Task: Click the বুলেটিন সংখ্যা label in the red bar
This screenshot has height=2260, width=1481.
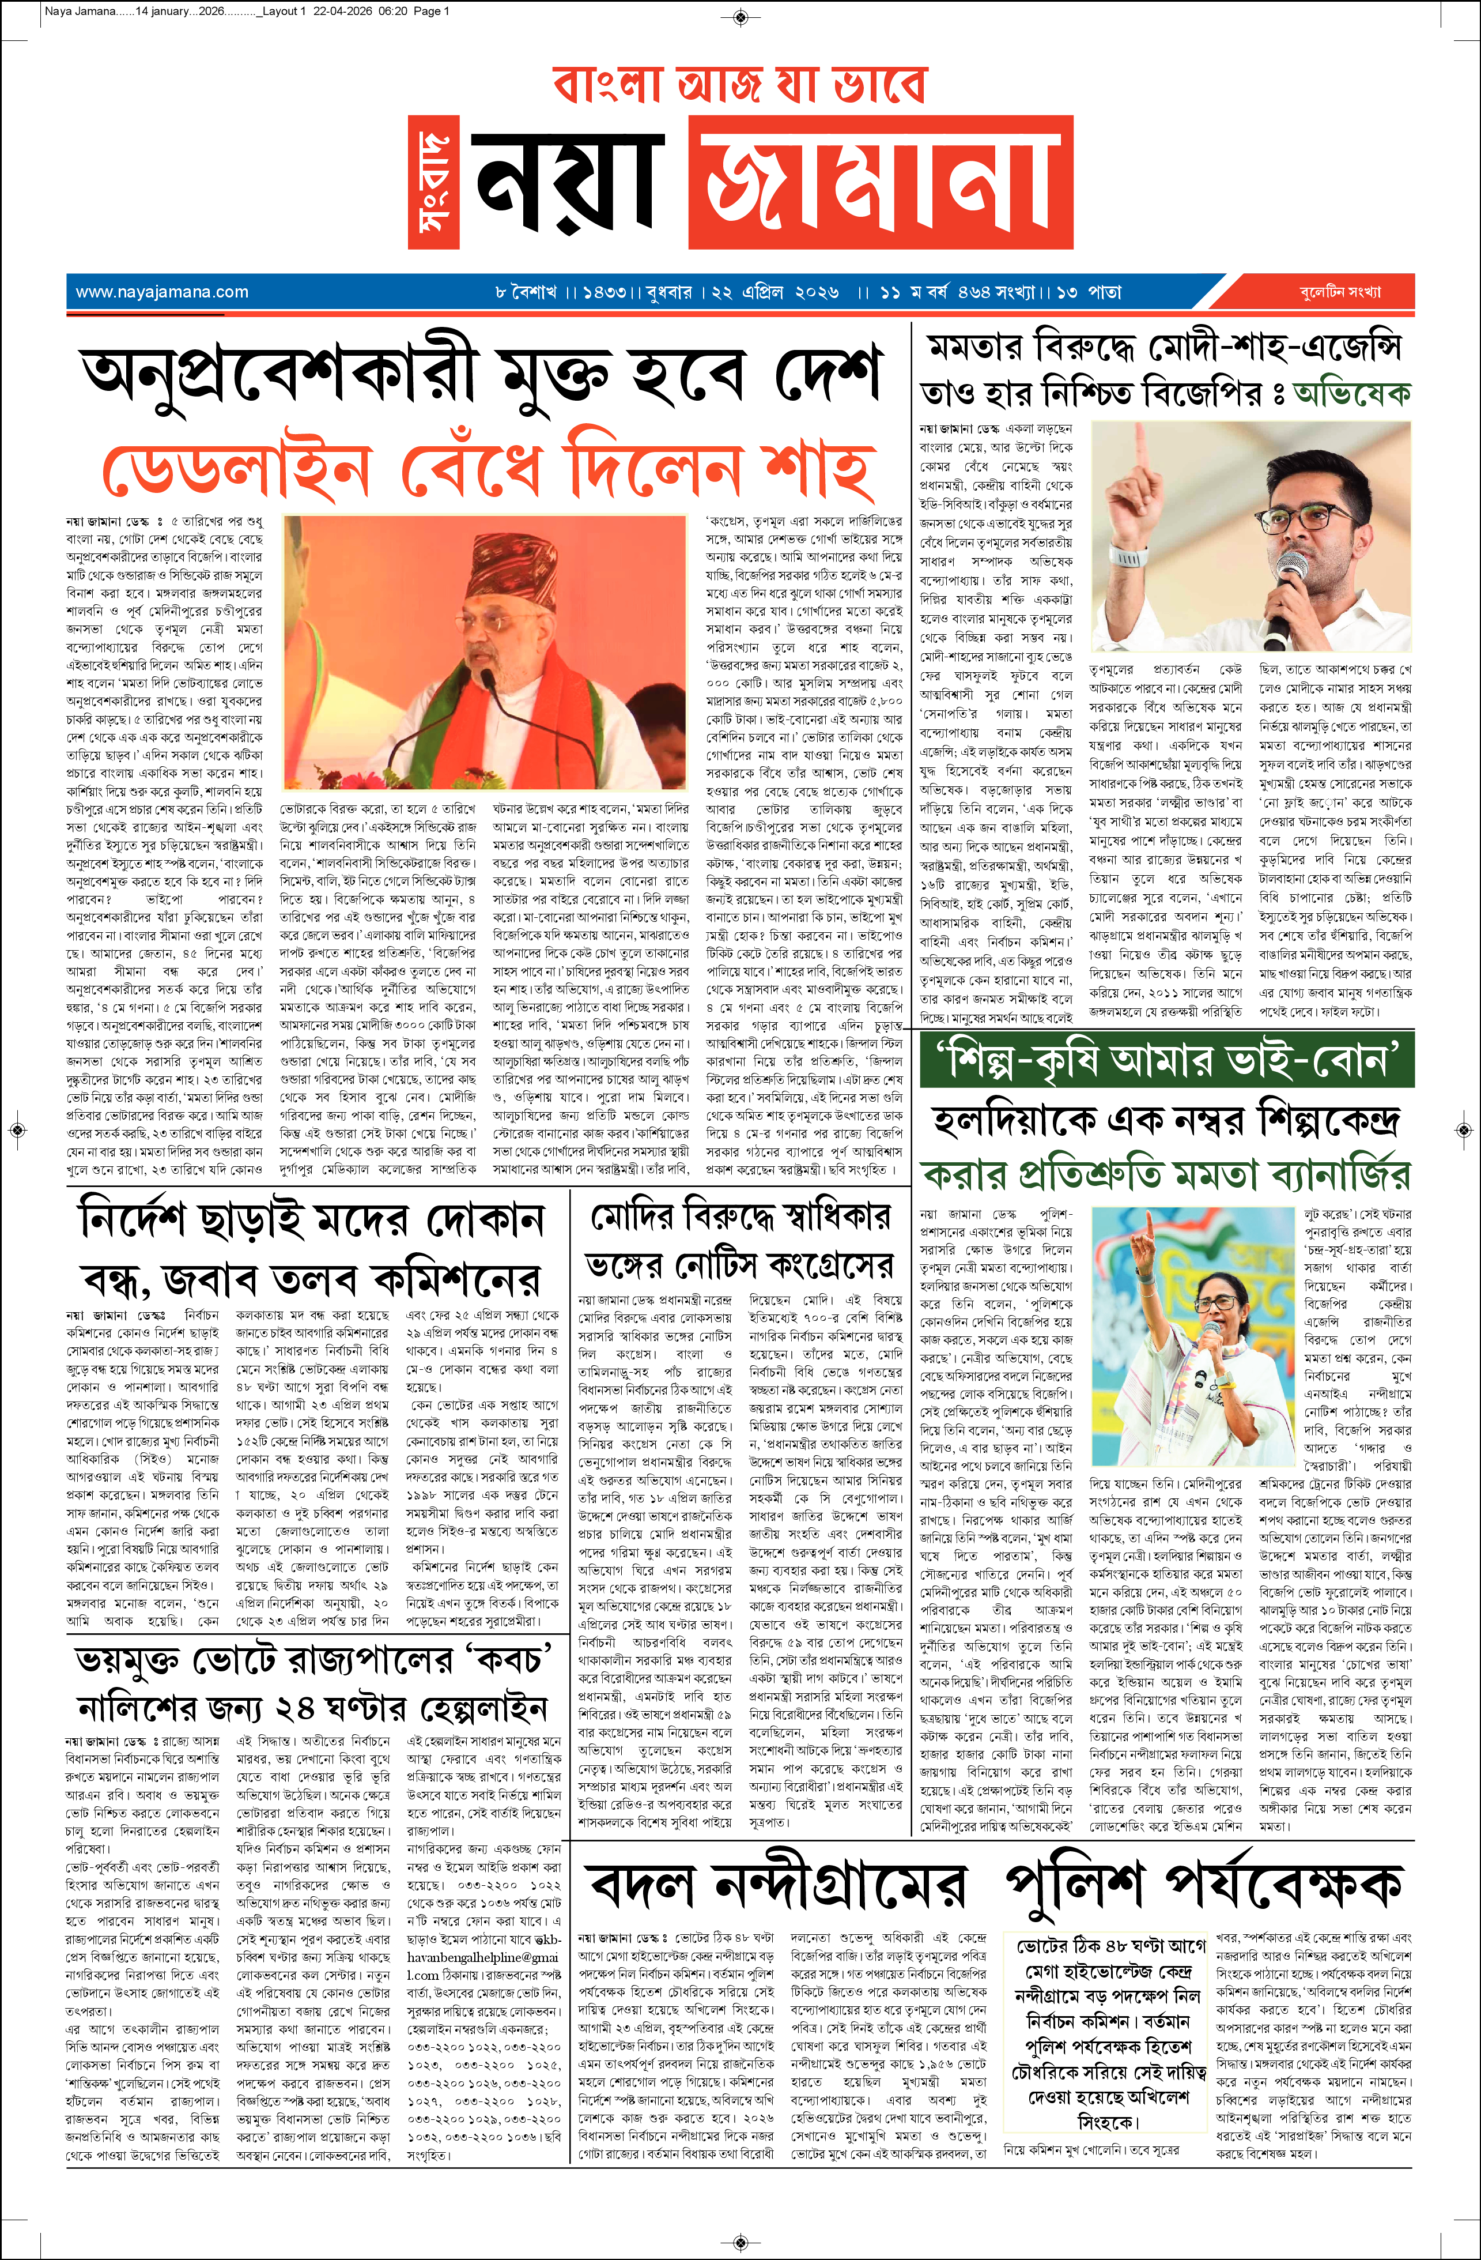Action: (x=1340, y=292)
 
